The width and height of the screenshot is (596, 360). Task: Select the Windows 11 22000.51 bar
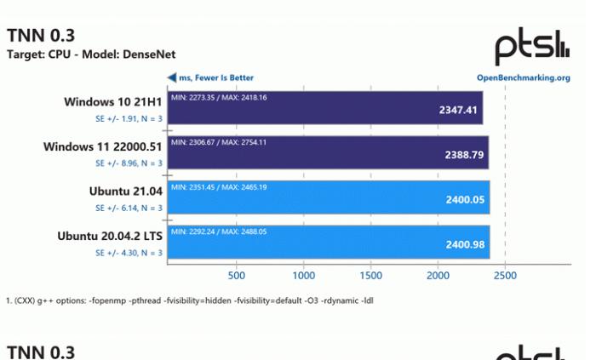(x=328, y=155)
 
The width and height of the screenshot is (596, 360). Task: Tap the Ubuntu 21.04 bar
(x=328, y=200)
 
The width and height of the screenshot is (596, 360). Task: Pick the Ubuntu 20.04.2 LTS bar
(x=328, y=244)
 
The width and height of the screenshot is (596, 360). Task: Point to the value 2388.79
(x=465, y=156)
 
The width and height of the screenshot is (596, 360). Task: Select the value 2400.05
(x=465, y=200)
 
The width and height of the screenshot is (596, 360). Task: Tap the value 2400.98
(x=465, y=245)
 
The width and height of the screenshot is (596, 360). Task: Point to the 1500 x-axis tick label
(x=370, y=276)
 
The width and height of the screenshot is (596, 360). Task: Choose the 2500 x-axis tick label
(x=505, y=276)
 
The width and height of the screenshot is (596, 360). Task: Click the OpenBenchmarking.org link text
(x=523, y=77)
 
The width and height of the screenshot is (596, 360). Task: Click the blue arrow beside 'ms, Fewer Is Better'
(x=171, y=77)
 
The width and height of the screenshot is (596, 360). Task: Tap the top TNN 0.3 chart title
(x=40, y=35)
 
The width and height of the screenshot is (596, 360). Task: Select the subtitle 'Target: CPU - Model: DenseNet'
(x=91, y=54)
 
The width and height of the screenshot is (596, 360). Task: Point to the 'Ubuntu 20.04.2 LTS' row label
(x=110, y=236)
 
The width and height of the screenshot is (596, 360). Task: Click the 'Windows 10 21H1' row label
(x=113, y=102)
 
